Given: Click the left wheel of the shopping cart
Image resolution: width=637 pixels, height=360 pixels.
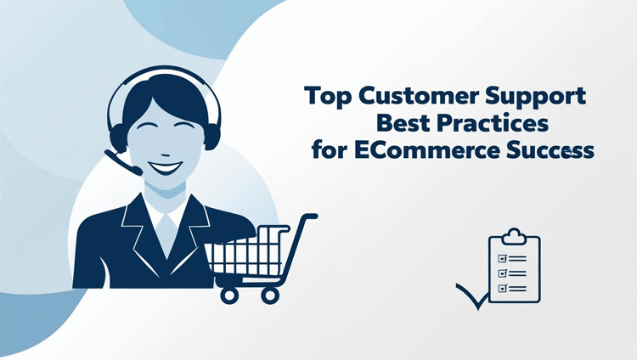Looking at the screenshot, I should pyautogui.click(x=229, y=294).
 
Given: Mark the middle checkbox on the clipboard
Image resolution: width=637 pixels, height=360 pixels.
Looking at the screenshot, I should pyautogui.click(x=502, y=272).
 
